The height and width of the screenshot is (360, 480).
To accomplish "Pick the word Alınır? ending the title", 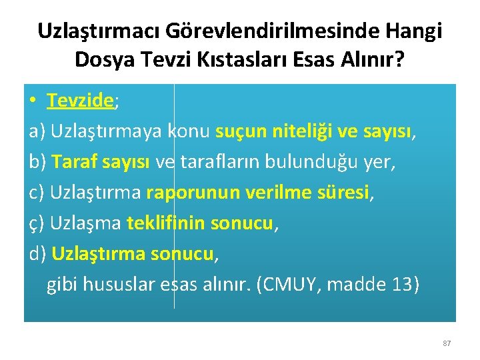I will click(x=373, y=60).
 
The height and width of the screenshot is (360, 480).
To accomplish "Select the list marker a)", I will click(x=37, y=132).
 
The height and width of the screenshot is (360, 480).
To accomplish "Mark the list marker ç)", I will click(x=37, y=224).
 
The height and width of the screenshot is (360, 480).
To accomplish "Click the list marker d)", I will click(x=37, y=254).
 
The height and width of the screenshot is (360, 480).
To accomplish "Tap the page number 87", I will click(x=447, y=343).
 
